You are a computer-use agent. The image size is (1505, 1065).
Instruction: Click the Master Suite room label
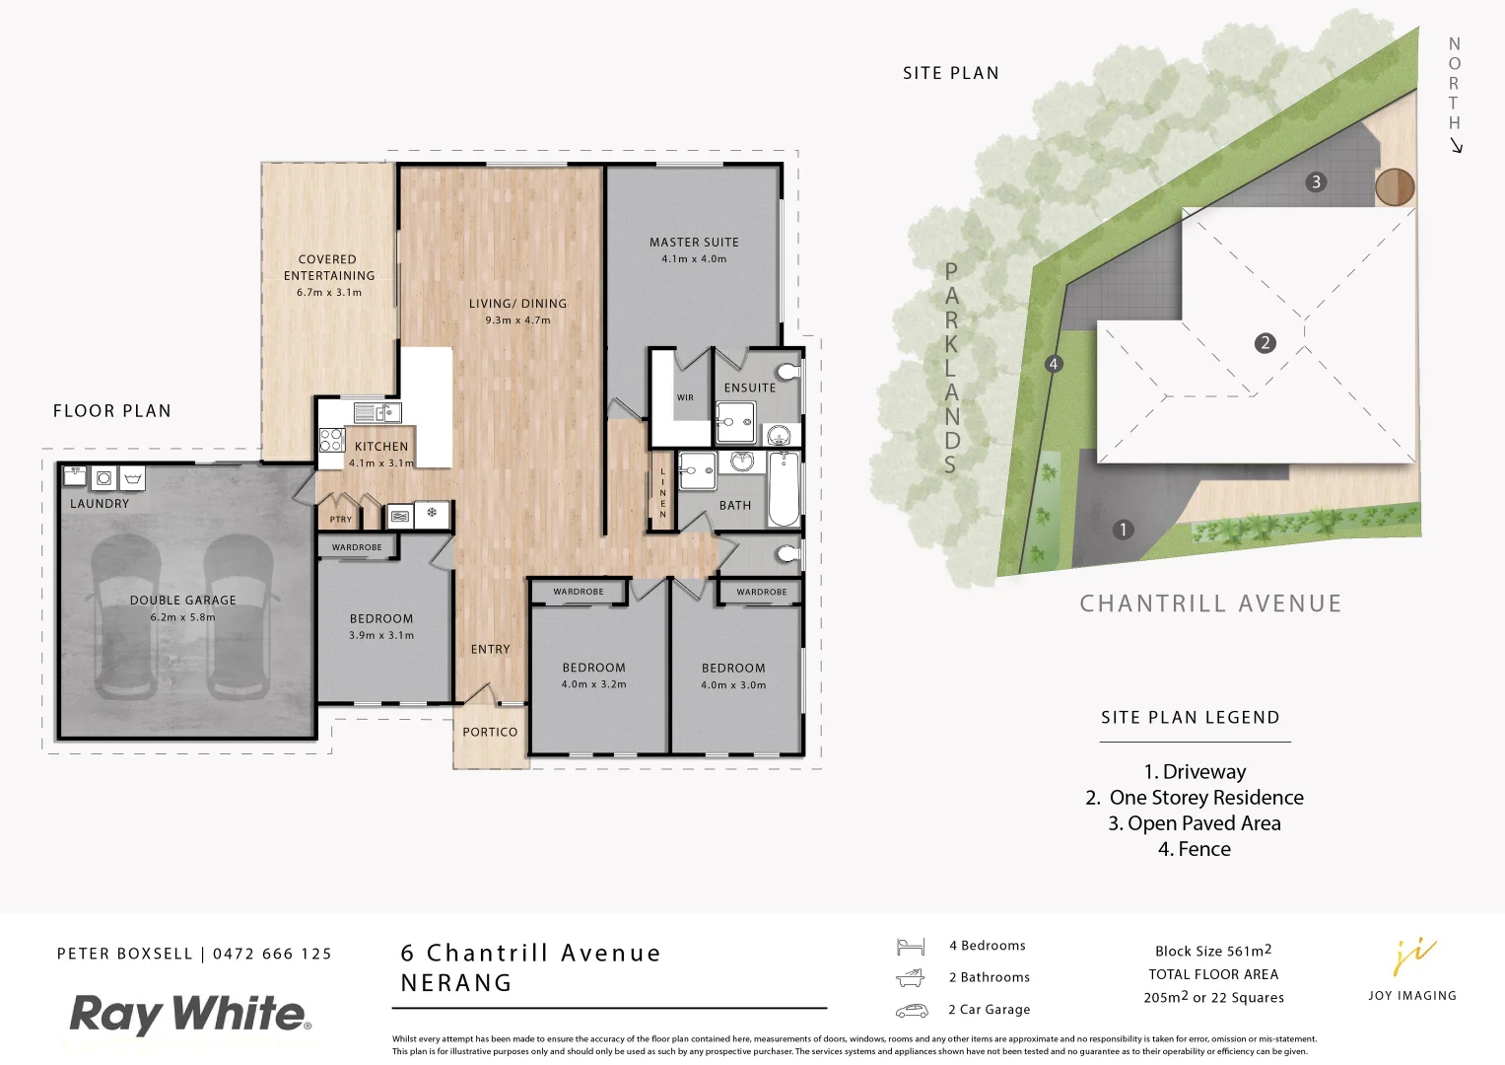(x=694, y=243)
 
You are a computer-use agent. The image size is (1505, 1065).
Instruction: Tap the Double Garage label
(x=182, y=601)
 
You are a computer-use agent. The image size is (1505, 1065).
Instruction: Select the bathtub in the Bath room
(x=784, y=489)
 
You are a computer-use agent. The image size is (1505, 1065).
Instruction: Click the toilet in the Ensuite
(x=788, y=372)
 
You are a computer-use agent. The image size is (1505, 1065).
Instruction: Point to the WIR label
(x=685, y=398)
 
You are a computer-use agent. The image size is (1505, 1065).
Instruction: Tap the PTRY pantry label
(x=341, y=520)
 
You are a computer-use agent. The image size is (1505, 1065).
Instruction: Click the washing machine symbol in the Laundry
(x=103, y=478)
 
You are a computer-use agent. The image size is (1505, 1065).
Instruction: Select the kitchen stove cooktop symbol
(x=331, y=440)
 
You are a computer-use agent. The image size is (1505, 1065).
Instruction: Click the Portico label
(x=490, y=733)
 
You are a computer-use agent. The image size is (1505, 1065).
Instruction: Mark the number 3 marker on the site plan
(x=1316, y=182)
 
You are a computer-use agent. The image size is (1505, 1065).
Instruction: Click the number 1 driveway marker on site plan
(x=1123, y=531)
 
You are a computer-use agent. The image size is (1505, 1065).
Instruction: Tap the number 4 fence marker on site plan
(x=1054, y=364)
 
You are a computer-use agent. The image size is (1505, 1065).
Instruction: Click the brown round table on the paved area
(x=1395, y=186)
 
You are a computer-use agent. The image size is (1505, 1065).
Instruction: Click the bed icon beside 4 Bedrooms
(x=911, y=947)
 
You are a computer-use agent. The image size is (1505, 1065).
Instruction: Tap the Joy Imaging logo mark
(x=1413, y=957)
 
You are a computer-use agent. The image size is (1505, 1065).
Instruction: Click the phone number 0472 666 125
(x=272, y=955)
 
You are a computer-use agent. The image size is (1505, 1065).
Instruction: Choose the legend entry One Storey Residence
(x=1195, y=798)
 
